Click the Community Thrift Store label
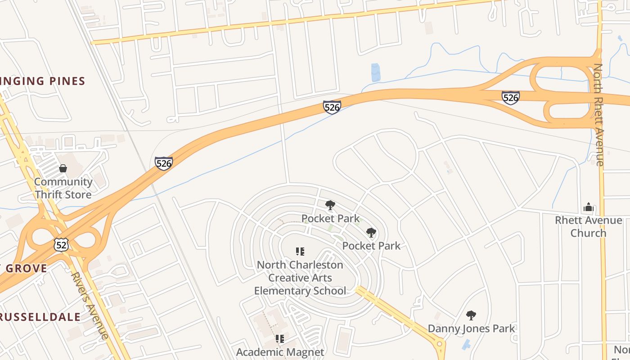click(x=63, y=188)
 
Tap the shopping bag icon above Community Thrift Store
click(x=63, y=168)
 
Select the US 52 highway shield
click(x=60, y=244)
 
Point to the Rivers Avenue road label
click(x=90, y=305)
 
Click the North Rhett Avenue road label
click(x=598, y=115)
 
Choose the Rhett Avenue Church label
click(x=588, y=226)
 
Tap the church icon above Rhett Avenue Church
click(x=588, y=207)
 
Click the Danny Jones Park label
click(x=471, y=328)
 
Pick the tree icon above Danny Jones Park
click(x=471, y=315)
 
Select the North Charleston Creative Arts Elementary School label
click(x=300, y=278)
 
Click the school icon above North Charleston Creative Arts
click(x=300, y=251)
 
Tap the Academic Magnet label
click(x=280, y=352)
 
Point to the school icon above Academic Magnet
click(x=280, y=338)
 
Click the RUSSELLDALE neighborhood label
click(x=40, y=317)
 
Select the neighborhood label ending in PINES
click(x=42, y=81)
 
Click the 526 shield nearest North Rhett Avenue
click(x=511, y=97)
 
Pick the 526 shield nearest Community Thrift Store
click(x=164, y=163)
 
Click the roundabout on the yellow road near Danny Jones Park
click(x=440, y=345)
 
